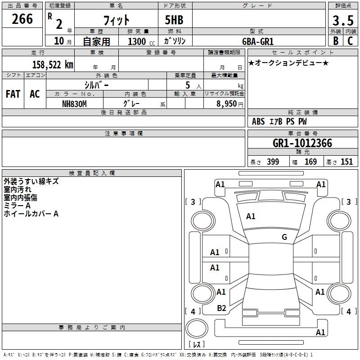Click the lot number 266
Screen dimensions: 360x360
[22, 19]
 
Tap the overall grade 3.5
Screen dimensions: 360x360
[342, 20]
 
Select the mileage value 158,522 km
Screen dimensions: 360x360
[52, 65]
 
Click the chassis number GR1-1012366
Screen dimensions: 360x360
[302, 144]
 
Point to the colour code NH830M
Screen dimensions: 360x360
[74, 103]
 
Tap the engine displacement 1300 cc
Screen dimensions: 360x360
[139, 41]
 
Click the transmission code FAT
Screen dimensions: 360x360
[13, 94]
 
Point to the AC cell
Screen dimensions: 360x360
[35, 94]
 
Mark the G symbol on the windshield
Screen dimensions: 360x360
[284, 237]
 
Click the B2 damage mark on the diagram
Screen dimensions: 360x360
[221, 308]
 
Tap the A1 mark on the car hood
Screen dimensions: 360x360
[251, 216]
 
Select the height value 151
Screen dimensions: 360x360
[346, 162]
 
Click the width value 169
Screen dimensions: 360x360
[310, 162]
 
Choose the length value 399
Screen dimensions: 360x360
[273, 162]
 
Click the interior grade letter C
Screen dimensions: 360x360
[350, 40]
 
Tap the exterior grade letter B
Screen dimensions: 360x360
[336, 40]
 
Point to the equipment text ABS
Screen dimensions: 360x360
[258, 121]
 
